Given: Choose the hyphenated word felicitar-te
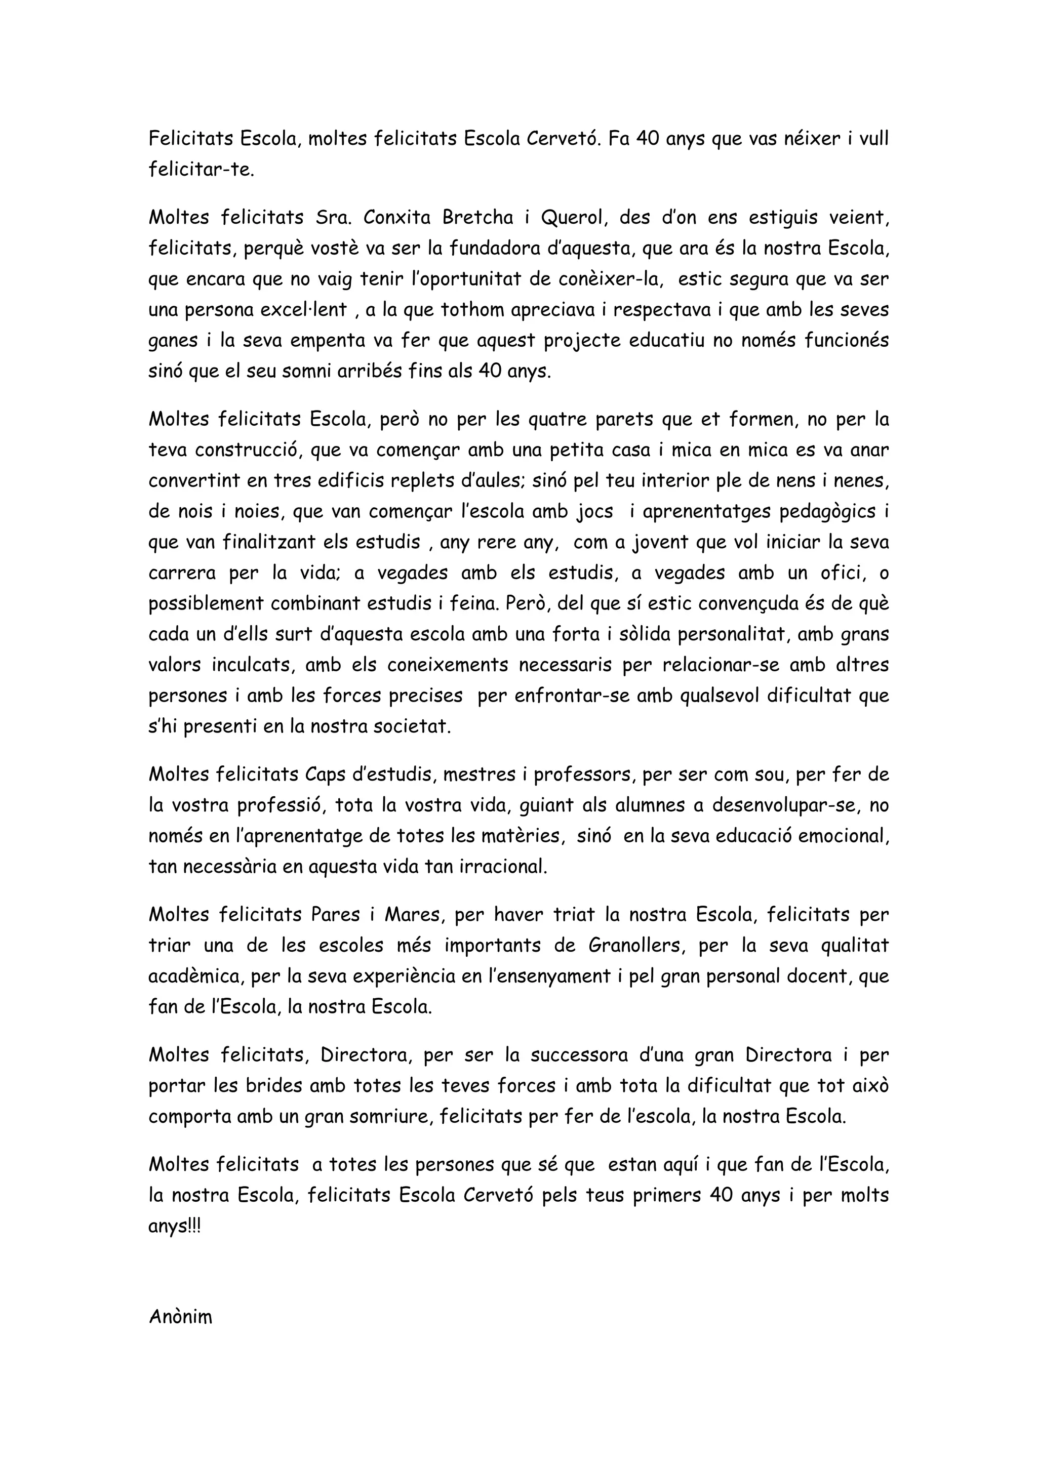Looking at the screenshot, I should [201, 170].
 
